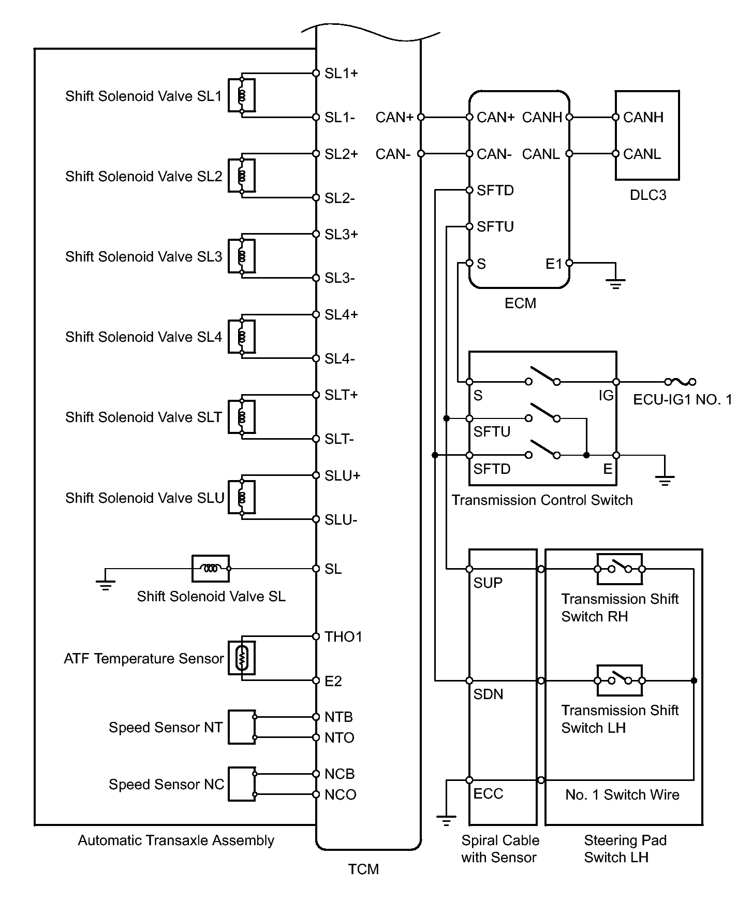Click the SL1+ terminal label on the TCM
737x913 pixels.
(x=341, y=74)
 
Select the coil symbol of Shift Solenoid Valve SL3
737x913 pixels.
(x=242, y=256)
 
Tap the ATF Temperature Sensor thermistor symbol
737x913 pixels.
(x=242, y=658)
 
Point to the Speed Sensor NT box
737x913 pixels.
(x=242, y=727)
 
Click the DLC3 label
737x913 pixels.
(x=647, y=195)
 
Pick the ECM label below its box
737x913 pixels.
(x=520, y=303)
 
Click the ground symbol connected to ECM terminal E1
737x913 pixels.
(x=615, y=282)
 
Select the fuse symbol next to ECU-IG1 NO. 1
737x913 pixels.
(x=680, y=382)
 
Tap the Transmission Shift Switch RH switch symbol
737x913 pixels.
(x=620, y=569)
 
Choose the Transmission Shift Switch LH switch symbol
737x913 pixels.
(x=620, y=680)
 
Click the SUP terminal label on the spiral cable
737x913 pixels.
(x=488, y=583)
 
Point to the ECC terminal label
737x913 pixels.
(x=488, y=794)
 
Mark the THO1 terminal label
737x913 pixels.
(x=343, y=637)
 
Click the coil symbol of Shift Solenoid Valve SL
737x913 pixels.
(x=210, y=569)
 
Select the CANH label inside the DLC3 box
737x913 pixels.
(x=643, y=118)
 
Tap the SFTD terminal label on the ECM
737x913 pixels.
(x=495, y=191)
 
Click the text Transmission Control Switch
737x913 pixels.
(x=542, y=500)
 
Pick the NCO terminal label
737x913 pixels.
(x=340, y=795)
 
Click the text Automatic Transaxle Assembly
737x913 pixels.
(x=176, y=840)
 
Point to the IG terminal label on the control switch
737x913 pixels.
(x=606, y=396)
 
